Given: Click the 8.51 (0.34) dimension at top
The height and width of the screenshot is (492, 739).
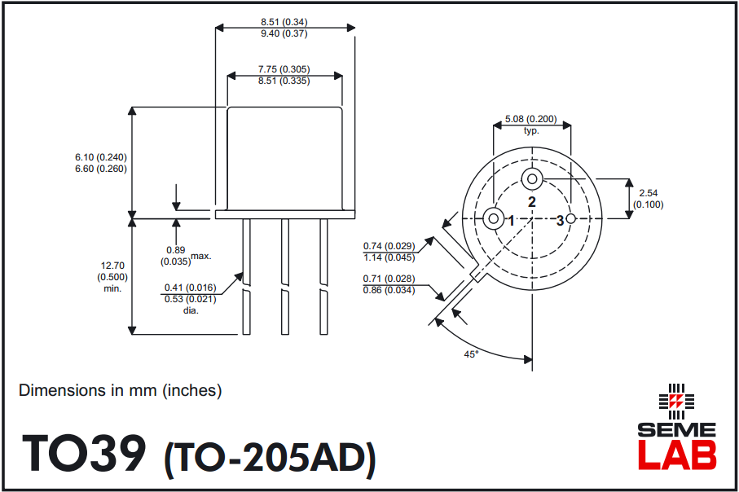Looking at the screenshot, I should [284, 21].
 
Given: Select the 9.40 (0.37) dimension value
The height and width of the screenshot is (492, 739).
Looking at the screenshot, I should [284, 33].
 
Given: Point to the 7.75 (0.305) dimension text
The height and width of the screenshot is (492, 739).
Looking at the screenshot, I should [284, 69].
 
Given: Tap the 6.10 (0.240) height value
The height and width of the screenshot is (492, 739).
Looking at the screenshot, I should [101, 156].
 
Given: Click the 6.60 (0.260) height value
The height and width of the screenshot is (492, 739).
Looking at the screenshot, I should [101, 169].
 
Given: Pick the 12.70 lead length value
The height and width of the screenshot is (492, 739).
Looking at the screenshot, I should [112, 265].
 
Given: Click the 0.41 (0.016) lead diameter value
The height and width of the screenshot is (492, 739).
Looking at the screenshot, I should [190, 287].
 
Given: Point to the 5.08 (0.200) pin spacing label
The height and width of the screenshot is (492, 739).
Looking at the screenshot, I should [531, 119].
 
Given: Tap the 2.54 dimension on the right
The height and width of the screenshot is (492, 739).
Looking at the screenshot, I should [649, 193].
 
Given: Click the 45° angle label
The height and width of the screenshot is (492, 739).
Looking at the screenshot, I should [471, 354].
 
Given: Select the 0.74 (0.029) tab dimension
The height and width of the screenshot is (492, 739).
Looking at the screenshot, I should [389, 246].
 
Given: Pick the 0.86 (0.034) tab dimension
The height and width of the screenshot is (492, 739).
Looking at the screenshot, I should [389, 291].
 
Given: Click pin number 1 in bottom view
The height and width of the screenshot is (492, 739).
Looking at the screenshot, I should [511, 220].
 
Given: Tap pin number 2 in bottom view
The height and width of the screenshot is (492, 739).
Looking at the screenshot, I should [531, 201].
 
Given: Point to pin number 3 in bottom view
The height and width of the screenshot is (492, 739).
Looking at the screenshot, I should [560, 220].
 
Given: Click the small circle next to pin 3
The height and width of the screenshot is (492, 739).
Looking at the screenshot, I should [571, 219].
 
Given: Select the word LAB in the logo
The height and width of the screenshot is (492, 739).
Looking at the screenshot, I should [676, 455].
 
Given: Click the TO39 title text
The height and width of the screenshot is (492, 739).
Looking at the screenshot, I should [85, 454].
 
